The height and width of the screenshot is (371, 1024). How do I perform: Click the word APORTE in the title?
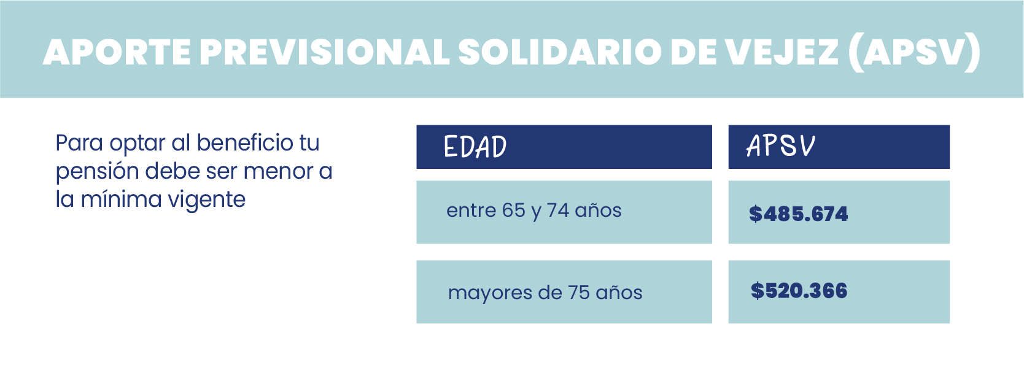coord(117,52)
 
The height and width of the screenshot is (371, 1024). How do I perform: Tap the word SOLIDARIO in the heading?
coord(559,52)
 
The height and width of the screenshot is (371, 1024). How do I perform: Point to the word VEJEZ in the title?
coord(782,52)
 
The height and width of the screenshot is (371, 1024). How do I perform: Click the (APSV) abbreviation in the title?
coord(914,52)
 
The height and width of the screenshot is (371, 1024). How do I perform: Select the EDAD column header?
coord(475,147)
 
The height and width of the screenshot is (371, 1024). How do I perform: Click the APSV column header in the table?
coord(780,146)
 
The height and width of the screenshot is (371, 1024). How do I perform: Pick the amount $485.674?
coord(798,214)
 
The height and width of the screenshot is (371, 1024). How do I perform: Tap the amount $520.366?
coord(799,291)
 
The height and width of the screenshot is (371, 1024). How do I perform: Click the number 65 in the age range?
coord(514,211)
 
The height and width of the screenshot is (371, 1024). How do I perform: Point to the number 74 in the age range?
coord(557,211)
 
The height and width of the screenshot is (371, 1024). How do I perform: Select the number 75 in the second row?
coord(579,292)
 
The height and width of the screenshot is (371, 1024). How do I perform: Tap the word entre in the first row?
coord(471,211)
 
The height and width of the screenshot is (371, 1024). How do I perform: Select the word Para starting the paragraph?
coord(79,143)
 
